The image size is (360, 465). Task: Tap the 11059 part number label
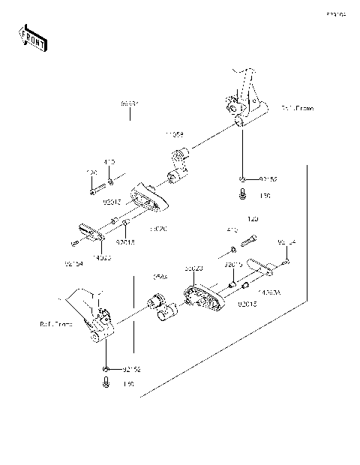(175, 136)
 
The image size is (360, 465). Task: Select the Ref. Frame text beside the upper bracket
(297, 109)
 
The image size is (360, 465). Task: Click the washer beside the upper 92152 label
(242, 178)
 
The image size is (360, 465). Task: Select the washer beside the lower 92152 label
(106, 369)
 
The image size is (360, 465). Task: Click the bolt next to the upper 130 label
(242, 196)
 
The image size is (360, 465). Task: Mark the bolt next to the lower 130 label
(106, 384)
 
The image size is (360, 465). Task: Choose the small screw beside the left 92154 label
(73, 243)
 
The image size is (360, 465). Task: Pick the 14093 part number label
(103, 257)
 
